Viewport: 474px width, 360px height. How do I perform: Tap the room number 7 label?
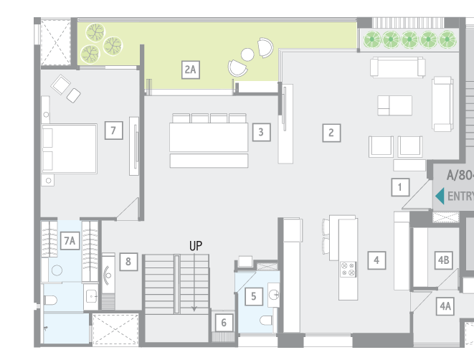pyautogui.click(x=113, y=131)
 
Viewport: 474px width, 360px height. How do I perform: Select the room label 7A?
pyautogui.click(x=70, y=241)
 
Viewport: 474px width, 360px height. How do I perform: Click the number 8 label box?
pyautogui.click(x=128, y=261)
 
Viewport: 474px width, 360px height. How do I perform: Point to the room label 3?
pyautogui.click(x=261, y=132)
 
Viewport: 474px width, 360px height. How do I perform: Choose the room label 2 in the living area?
pyautogui.click(x=331, y=132)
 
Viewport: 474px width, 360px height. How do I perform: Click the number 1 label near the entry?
pyautogui.click(x=399, y=188)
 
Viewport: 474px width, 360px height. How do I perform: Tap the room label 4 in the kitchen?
pyautogui.click(x=376, y=260)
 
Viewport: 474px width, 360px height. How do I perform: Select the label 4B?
pyautogui.click(x=444, y=260)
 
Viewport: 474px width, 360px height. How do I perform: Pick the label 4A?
pyautogui.click(x=445, y=306)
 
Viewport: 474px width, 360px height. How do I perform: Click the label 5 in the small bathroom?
pyautogui.click(x=253, y=295)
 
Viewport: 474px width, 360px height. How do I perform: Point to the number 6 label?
pyautogui.click(x=224, y=323)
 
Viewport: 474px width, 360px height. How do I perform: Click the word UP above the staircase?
pyautogui.click(x=196, y=245)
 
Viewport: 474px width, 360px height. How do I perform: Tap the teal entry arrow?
pyautogui.click(x=440, y=196)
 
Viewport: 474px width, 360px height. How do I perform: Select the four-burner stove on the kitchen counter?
pyautogui.click(x=348, y=269)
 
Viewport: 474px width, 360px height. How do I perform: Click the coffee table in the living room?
pyautogui.click(x=395, y=105)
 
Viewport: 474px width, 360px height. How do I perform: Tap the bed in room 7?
pyautogui.click(x=70, y=149)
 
